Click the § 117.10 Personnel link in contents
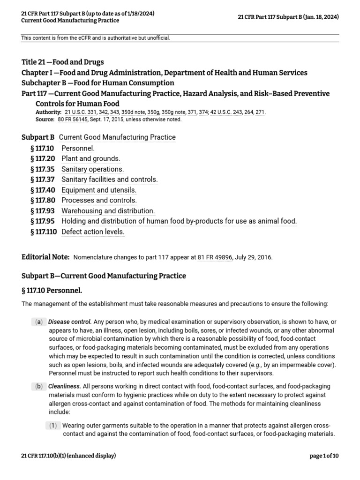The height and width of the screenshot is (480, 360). [x=78, y=148]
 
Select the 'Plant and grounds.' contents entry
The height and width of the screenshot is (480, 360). [x=91, y=158]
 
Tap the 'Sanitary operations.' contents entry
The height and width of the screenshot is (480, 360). [x=93, y=169]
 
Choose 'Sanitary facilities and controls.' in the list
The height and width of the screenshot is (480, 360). [x=110, y=179]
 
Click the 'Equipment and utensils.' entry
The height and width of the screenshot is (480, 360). [x=99, y=190]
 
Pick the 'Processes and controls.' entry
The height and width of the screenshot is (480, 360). [x=99, y=200]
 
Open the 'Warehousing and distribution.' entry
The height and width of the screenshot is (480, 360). [x=108, y=210]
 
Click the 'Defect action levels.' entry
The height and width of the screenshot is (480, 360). [x=93, y=232]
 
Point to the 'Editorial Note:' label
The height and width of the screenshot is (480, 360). [x=45, y=257]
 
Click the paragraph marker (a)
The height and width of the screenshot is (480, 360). [x=38, y=322]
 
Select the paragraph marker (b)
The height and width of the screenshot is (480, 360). [x=38, y=386]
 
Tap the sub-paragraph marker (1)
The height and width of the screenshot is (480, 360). [x=54, y=426]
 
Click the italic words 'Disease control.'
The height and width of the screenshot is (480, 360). [x=70, y=322]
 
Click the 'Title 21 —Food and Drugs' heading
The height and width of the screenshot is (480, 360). [x=63, y=62]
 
